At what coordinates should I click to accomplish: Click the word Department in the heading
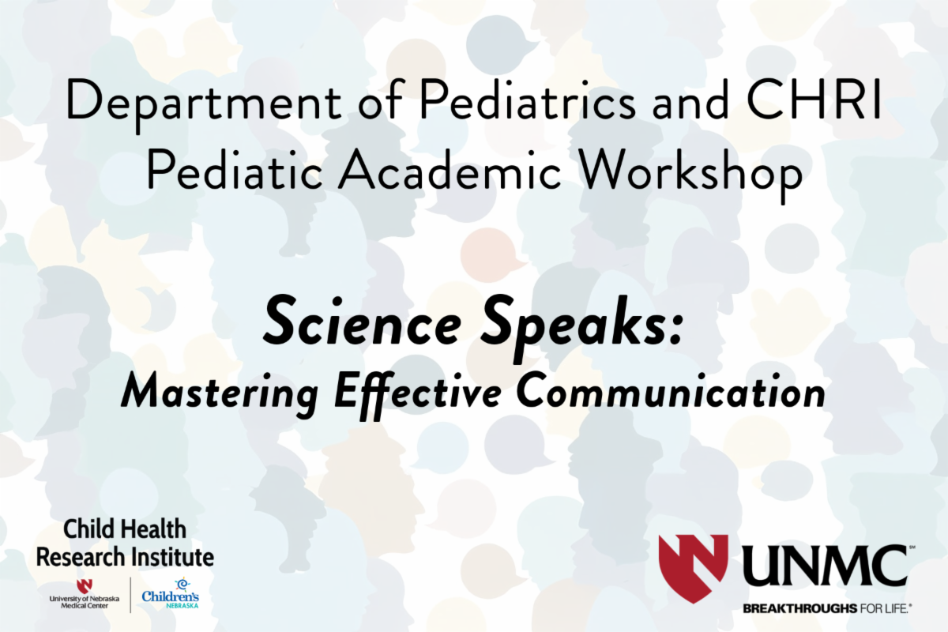point(204,105)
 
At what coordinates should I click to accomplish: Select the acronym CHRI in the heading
point(814,100)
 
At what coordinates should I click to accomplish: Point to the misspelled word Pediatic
point(235,169)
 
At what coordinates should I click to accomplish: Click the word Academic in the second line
point(450,169)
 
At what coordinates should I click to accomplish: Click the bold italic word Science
point(363,323)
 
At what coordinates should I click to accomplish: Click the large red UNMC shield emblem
point(694,569)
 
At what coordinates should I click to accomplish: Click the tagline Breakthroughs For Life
point(827,609)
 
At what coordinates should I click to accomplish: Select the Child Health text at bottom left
point(125,529)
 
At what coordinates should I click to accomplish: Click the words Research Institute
point(126,557)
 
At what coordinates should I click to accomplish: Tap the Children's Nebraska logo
point(171,593)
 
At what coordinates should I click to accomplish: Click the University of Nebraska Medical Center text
point(85,602)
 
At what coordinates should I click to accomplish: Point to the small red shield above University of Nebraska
point(85,586)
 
